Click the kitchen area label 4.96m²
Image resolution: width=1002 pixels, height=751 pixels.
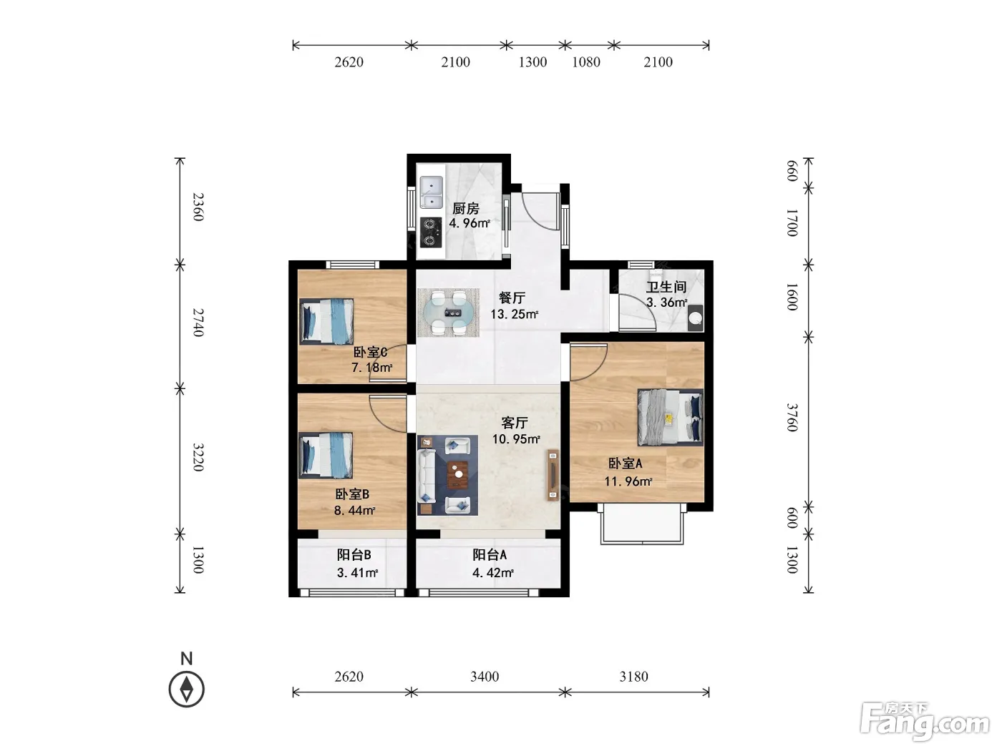[470, 223]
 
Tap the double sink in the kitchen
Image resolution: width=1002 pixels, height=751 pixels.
[431, 192]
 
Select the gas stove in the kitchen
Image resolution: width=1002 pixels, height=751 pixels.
[430, 232]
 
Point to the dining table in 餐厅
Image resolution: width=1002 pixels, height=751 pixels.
[449, 313]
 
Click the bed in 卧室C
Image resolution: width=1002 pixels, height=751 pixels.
[326, 321]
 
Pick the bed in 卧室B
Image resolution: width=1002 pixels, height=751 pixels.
[326, 455]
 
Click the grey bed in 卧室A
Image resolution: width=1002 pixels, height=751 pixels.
[670, 417]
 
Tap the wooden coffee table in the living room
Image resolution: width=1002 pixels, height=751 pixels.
[458, 475]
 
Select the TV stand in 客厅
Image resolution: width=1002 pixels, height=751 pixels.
[553, 475]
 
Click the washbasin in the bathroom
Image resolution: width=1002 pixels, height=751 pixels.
[695, 318]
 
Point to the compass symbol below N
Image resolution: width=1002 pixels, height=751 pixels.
[186, 689]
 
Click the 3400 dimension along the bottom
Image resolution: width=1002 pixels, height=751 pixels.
[485, 676]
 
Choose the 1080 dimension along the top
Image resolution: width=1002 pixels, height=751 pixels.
[586, 62]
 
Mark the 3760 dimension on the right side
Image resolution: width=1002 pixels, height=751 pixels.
[792, 417]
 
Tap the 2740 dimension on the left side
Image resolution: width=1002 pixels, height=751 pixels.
[198, 322]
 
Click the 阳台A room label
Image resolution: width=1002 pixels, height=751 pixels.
[490, 554]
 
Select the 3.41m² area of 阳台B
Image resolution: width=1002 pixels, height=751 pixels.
[357, 572]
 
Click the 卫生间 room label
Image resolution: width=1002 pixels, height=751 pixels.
[666, 287]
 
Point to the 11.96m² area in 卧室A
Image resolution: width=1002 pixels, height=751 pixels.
[628, 481]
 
